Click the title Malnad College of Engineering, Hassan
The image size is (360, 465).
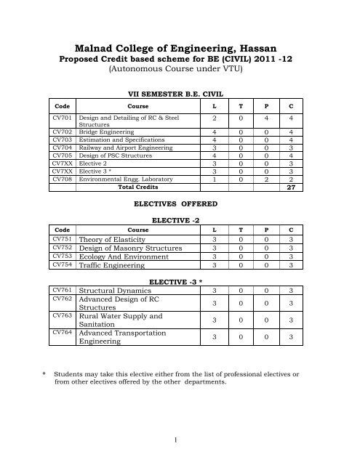pyautogui.click(x=179, y=47)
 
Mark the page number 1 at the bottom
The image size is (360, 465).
pyautogui.click(x=180, y=440)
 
